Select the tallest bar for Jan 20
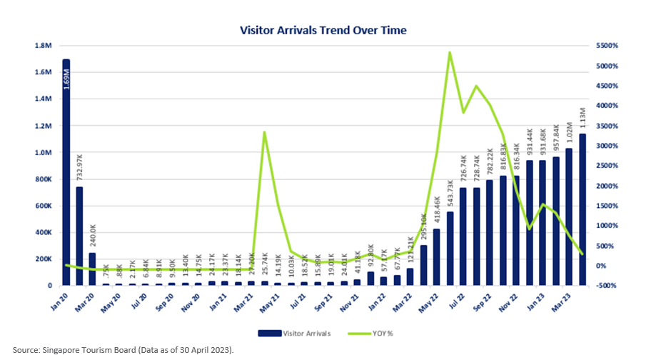66,171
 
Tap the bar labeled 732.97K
80,236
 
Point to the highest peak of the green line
450,52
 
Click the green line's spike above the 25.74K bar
265,132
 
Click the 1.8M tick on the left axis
44,46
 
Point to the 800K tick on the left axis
44,179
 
